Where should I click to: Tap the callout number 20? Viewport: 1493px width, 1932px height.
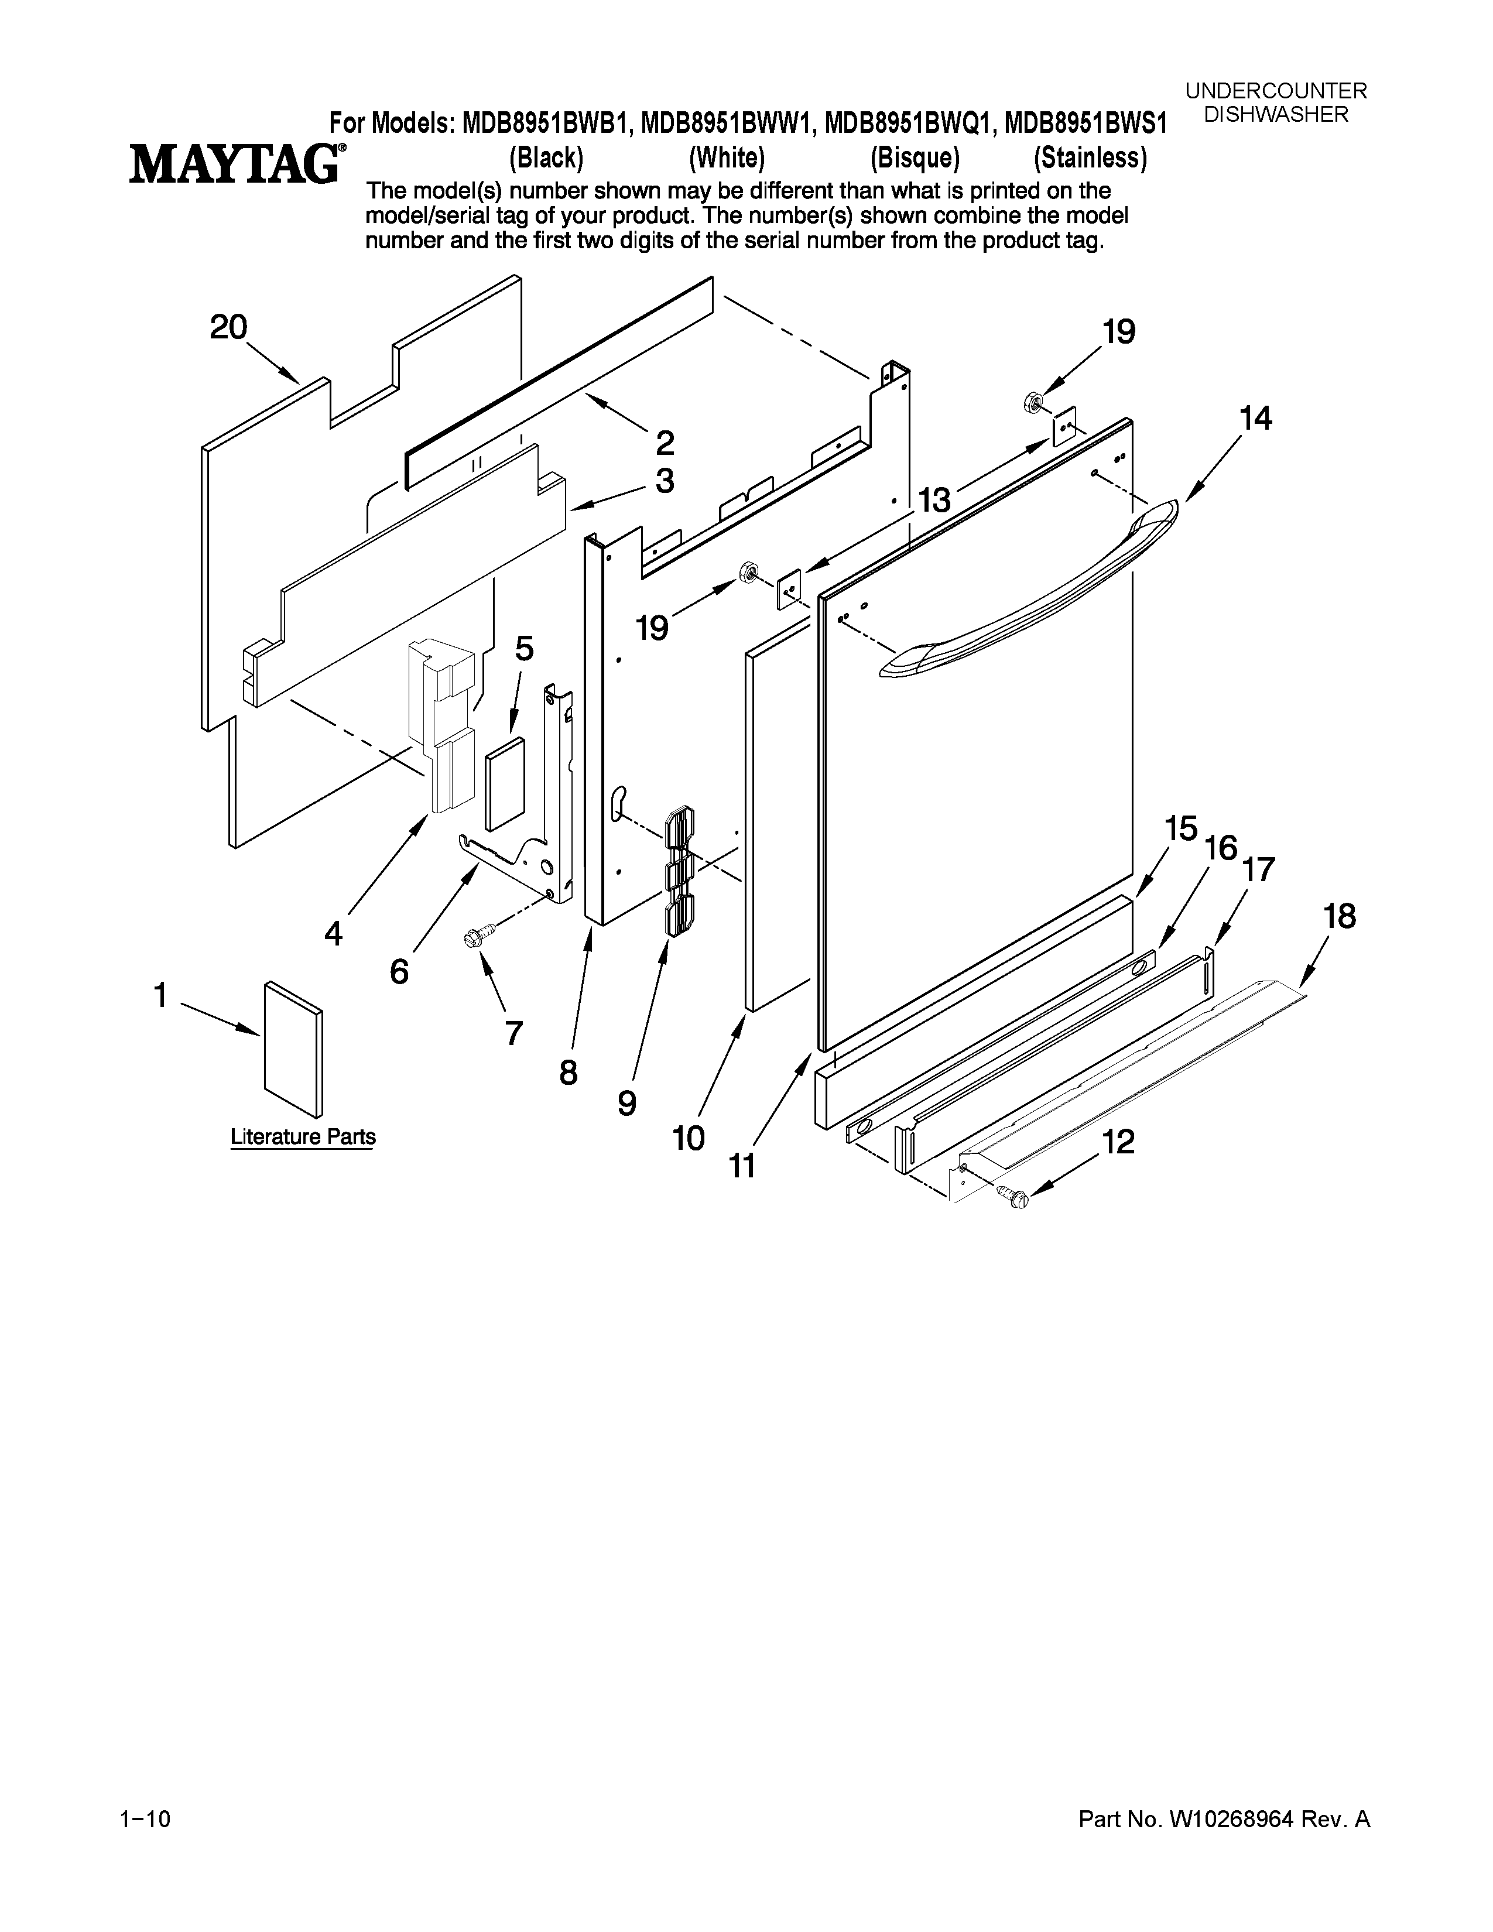click(x=228, y=328)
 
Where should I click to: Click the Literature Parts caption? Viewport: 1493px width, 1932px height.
click(x=303, y=1137)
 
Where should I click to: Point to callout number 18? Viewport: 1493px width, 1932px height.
click(x=1340, y=916)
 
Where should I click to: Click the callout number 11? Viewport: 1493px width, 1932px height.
click(x=742, y=1166)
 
